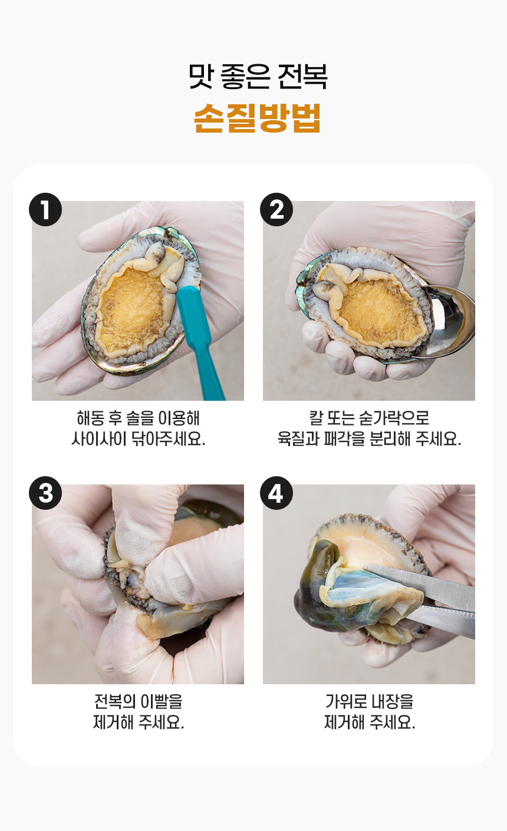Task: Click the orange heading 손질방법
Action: pos(257,118)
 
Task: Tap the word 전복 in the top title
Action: pos(302,77)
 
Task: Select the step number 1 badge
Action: pos(45,210)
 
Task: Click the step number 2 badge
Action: pos(276,210)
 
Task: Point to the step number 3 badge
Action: pos(45,493)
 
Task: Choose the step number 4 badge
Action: pos(276,493)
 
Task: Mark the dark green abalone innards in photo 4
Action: pos(315,590)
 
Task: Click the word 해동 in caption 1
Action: pos(90,418)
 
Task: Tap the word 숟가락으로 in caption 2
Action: pos(394,418)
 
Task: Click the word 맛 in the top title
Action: pos(201,77)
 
